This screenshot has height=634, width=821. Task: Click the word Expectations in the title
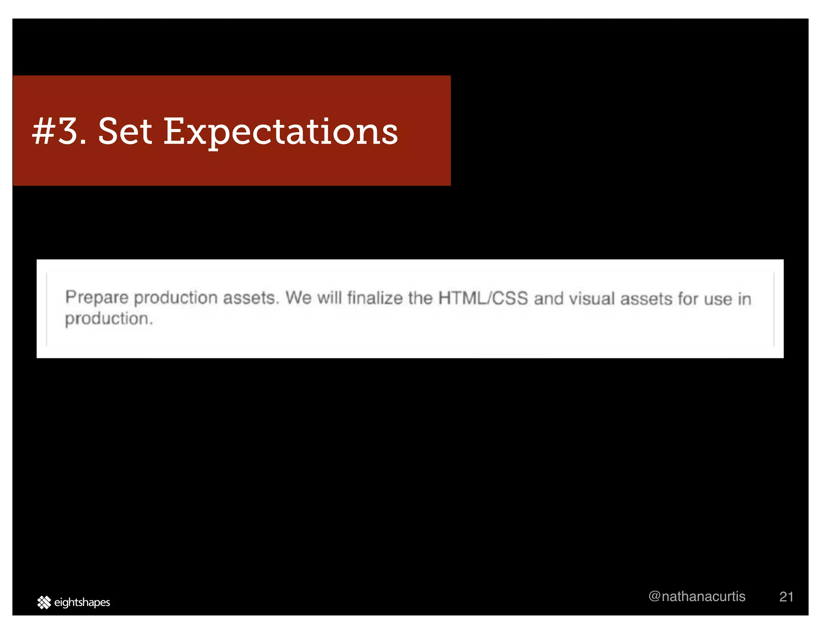[281, 132]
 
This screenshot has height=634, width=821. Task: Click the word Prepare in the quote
[97, 298]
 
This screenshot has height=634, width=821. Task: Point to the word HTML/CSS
[483, 298]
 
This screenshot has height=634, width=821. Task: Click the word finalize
[375, 298]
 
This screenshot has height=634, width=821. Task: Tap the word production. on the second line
[109, 319]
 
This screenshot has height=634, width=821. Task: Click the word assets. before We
[251, 298]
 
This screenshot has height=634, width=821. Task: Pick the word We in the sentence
[298, 298]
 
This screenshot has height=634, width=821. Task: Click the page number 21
[786, 597]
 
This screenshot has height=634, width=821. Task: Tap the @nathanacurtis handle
[697, 596]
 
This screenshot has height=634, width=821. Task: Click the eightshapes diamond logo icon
[44, 602]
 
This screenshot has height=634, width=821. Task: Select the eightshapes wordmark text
[82, 602]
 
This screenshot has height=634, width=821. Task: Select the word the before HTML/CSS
[420, 298]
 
